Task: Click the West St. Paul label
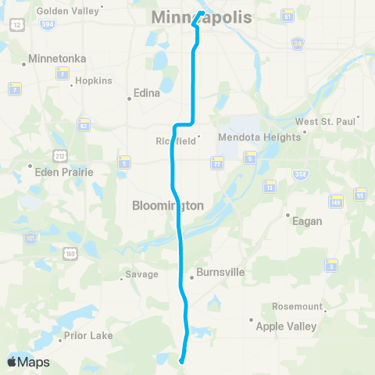coord(325,122)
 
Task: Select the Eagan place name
coord(307,221)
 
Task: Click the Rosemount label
coord(298,305)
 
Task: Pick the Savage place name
coord(142,274)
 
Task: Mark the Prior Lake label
coord(90,335)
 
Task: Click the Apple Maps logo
coord(28,362)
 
